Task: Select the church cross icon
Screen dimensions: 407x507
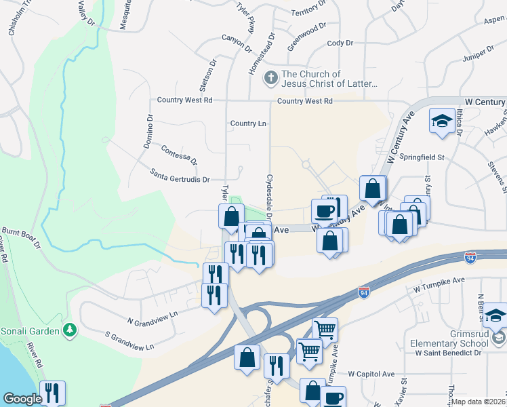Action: [270, 77]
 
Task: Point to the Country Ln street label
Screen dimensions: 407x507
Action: [247, 123]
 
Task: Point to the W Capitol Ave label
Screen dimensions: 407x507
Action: [371, 374]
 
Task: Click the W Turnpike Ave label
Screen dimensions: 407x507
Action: [439, 283]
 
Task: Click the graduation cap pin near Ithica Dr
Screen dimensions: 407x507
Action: [442, 121]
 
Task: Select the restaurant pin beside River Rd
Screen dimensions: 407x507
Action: [52, 392]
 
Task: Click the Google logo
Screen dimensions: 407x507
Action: [22, 399]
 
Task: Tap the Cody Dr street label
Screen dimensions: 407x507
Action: [340, 43]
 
